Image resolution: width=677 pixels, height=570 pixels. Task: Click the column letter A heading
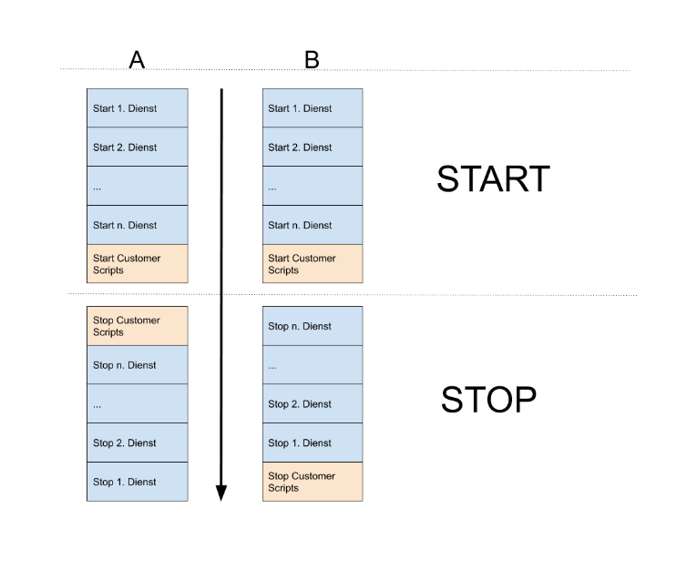(x=137, y=59)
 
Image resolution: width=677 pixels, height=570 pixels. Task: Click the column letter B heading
(x=312, y=59)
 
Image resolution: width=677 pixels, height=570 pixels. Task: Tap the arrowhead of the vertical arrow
(x=221, y=493)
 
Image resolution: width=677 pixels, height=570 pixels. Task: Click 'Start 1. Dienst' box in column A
(x=138, y=108)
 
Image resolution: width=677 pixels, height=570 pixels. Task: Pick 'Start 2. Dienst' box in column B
(x=313, y=148)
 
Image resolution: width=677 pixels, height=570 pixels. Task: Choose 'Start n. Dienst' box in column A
(x=138, y=225)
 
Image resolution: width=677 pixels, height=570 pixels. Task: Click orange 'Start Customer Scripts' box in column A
(x=138, y=264)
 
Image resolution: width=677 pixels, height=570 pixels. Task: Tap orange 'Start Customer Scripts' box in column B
(x=313, y=264)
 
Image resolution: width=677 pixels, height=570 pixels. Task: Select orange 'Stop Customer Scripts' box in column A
(x=138, y=326)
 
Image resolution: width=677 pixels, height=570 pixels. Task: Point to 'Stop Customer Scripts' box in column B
(x=313, y=482)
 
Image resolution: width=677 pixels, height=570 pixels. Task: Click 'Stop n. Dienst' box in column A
(x=138, y=365)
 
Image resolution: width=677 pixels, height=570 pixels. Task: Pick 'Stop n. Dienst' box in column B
(x=313, y=326)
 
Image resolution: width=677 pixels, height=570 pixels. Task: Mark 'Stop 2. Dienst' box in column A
(x=138, y=443)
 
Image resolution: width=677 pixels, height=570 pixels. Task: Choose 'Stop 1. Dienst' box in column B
(x=313, y=443)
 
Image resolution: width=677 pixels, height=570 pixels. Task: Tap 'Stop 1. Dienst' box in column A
(x=138, y=482)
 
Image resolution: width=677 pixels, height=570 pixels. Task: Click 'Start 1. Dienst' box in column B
(x=313, y=108)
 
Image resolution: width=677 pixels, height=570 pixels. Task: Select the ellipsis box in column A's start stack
(x=138, y=186)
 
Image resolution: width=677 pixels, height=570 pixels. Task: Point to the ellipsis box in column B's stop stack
(x=313, y=365)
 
